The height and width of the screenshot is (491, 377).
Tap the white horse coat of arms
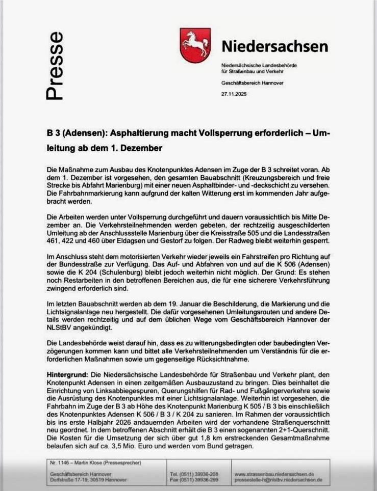pos(195,45)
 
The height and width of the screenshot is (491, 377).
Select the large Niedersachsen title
pos(275,46)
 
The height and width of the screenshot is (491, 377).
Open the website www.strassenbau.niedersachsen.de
pos(278,473)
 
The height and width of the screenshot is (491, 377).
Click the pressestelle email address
pos(279,479)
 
